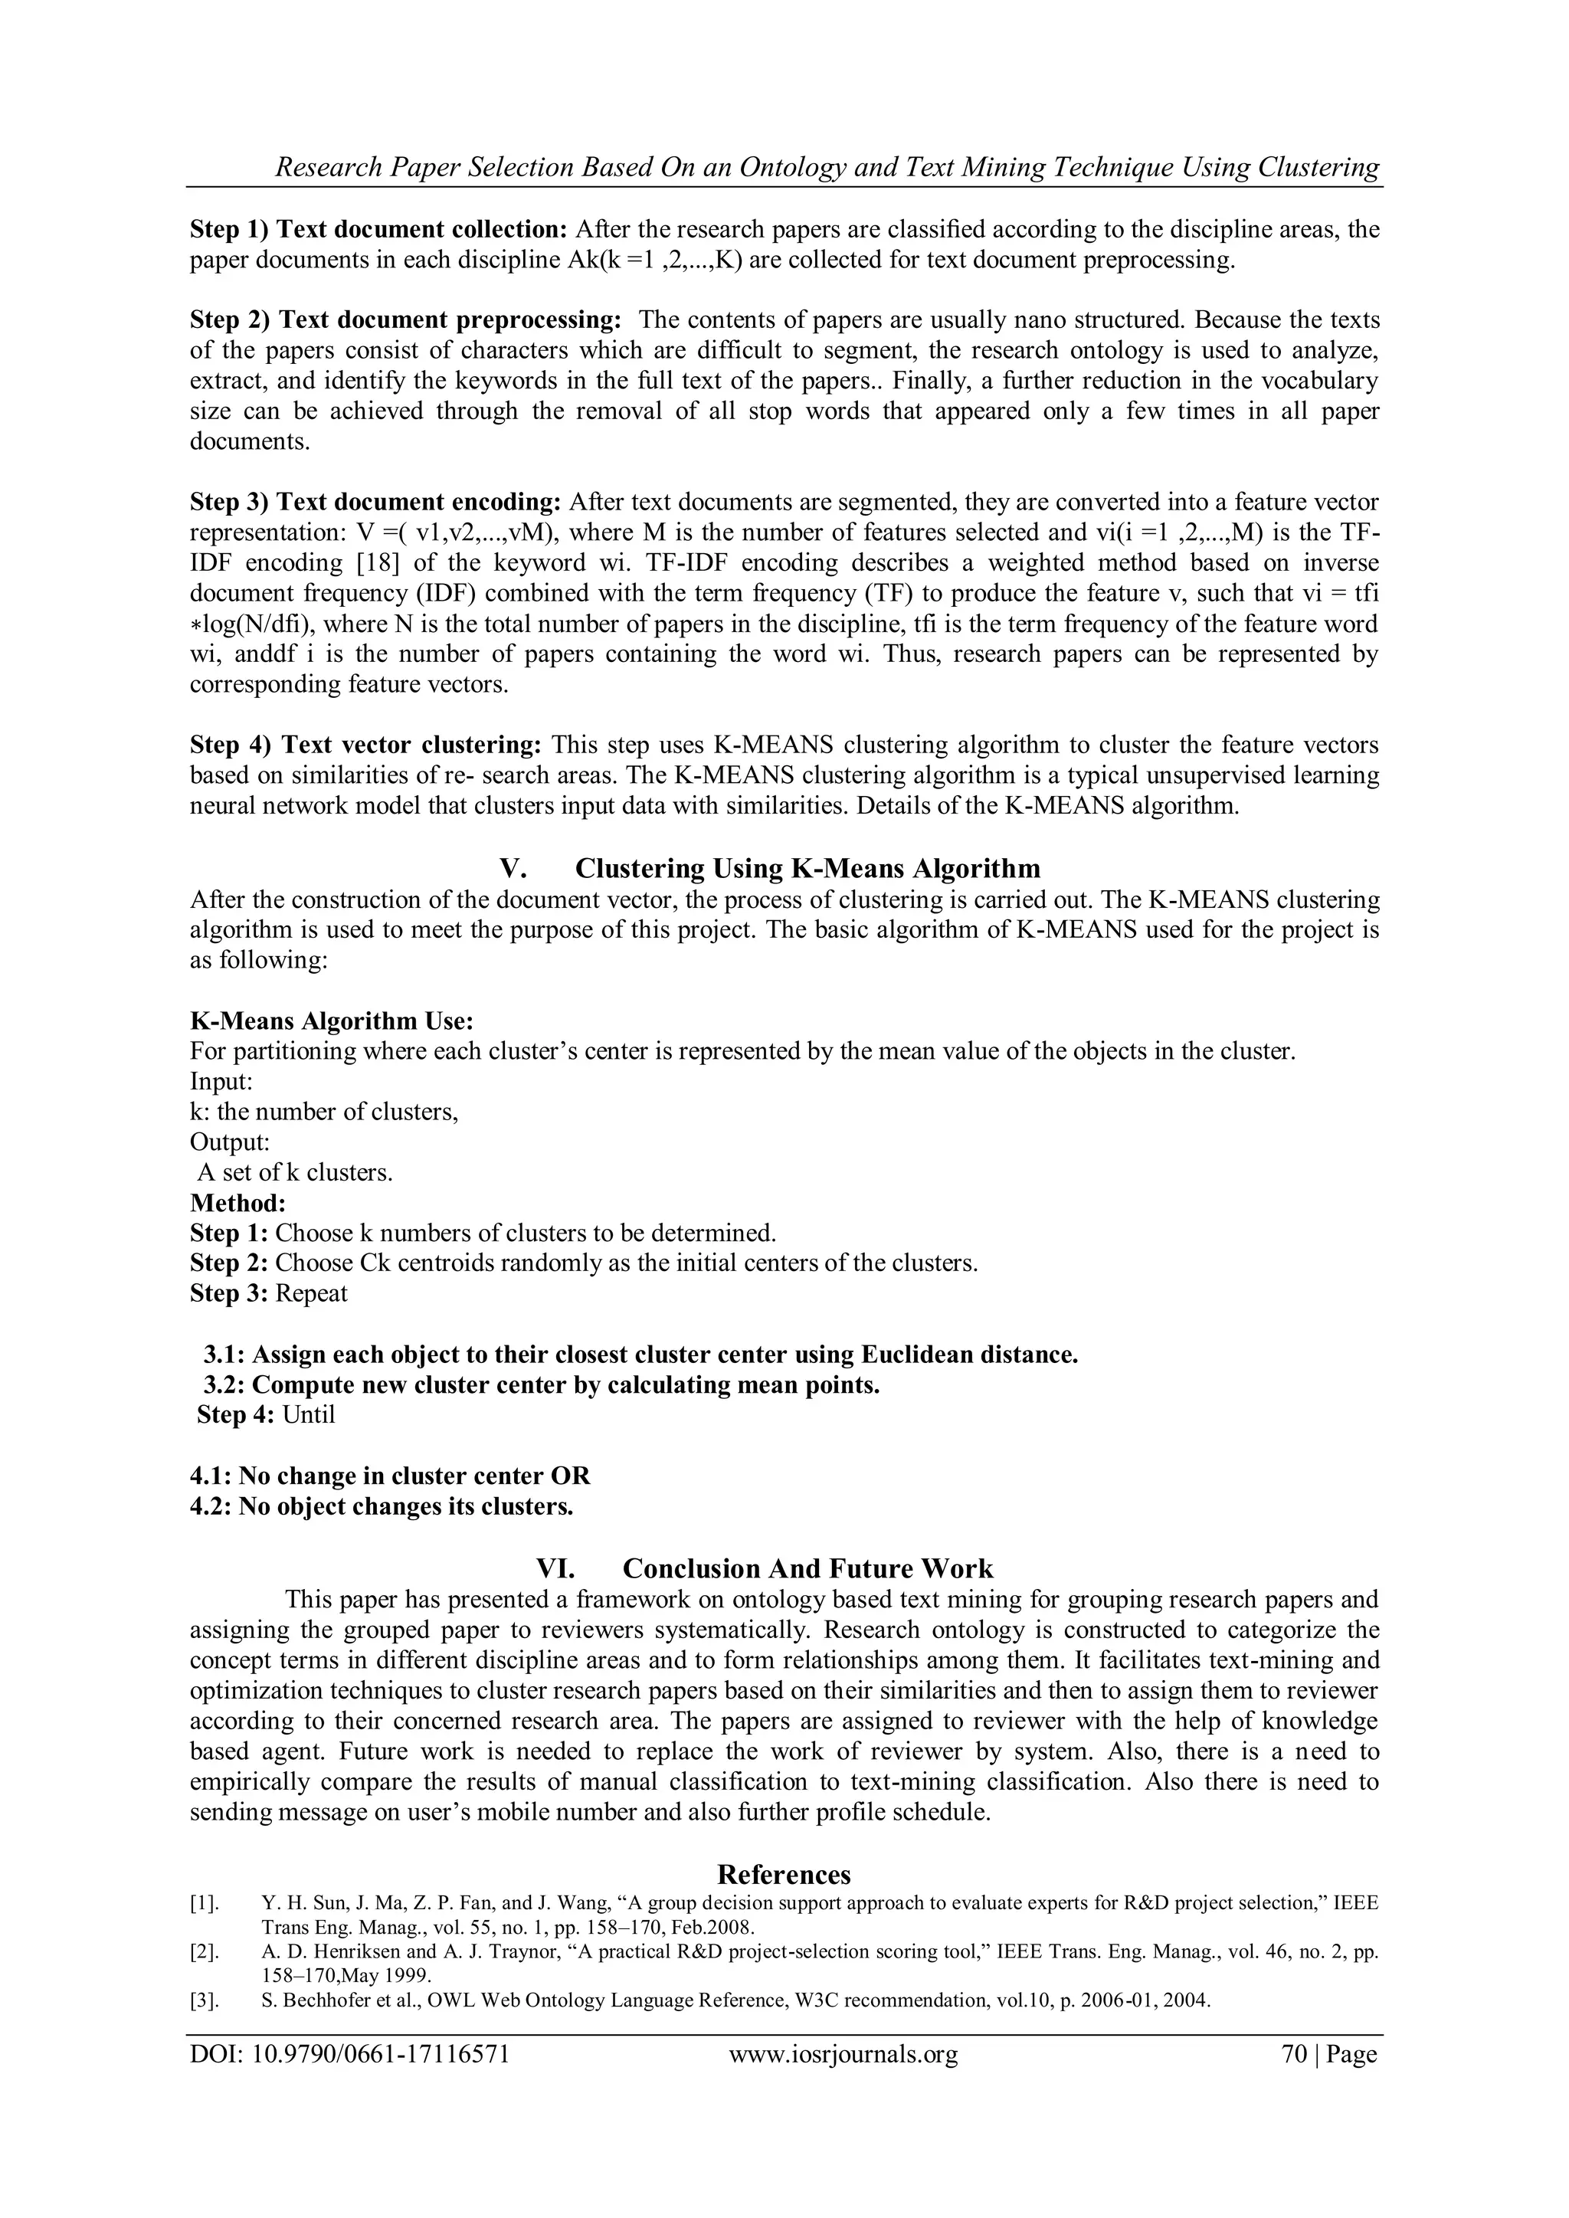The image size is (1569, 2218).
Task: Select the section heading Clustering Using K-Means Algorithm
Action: (x=807, y=869)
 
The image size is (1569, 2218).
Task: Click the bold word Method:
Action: (x=237, y=1203)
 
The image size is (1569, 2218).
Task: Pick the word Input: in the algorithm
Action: (x=221, y=1081)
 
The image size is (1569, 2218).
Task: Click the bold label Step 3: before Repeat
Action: (x=228, y=1293)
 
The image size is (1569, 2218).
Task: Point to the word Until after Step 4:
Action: (x=308, y=1415)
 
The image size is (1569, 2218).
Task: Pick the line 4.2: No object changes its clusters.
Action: (x=382, y=1506)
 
